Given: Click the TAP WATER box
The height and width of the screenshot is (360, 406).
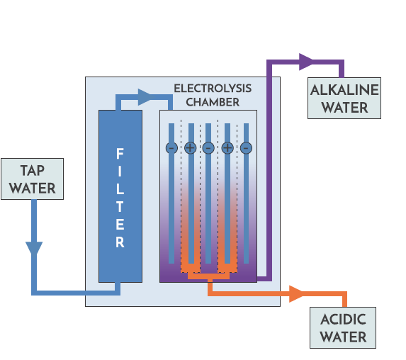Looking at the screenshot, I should [x=33, y=179].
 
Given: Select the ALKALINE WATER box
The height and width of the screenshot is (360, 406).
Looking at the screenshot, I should [x=344, y=98].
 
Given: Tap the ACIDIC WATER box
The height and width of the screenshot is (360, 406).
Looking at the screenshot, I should [x=342, y=327].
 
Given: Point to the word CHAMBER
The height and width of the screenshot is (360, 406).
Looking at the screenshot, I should [x=212, y=102].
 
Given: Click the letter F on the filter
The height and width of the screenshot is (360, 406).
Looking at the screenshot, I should [x=120, y=154].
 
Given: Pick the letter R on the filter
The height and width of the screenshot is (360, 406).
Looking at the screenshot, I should [x=120, y=242].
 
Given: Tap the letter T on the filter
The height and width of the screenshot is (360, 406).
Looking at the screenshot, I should [x=120, y=207].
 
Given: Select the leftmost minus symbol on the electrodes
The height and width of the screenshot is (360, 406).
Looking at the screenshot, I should [x=171, y=148].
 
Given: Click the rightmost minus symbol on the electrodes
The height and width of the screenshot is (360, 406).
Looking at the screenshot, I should [x=246, y=148].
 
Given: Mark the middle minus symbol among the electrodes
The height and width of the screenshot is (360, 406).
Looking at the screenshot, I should [x=208, y=148].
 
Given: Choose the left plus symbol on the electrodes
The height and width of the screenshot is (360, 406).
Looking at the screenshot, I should [x=190, y=148].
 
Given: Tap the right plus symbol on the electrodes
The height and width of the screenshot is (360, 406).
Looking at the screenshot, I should [x=227, y=148].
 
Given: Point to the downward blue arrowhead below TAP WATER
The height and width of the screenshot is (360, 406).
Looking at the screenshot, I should [x=33, y=249].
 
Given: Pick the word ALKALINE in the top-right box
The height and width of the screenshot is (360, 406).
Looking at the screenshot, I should [x=344, y=91].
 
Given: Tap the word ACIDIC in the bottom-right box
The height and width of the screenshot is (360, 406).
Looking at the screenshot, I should [x=342, y=320].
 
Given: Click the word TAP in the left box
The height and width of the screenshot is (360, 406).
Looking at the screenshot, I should [x=33, y=171].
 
